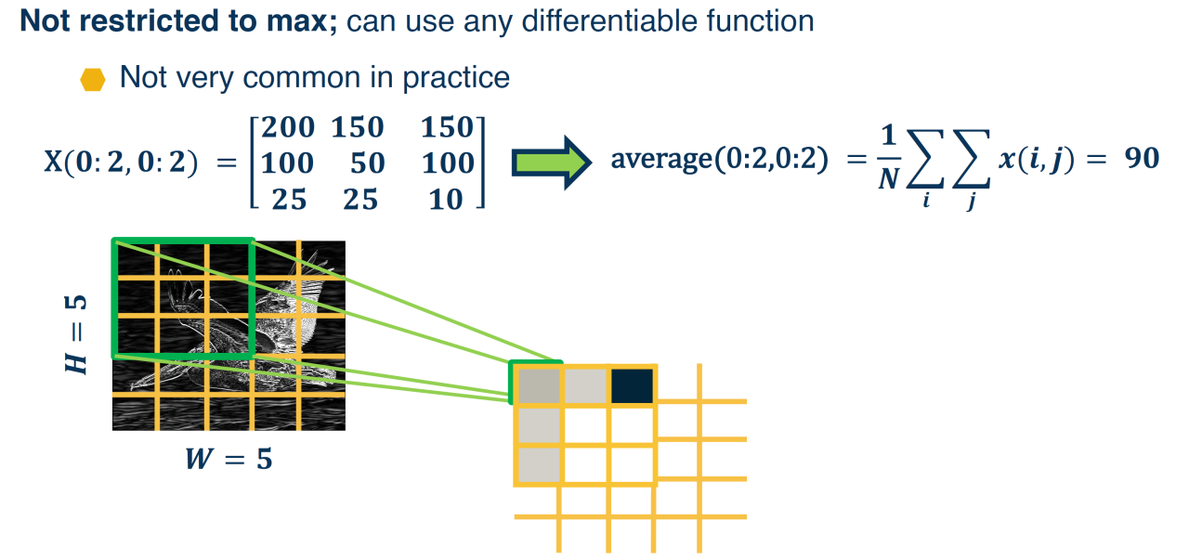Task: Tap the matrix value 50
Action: [x=367, y=163]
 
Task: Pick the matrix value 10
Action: [x=446, y=199]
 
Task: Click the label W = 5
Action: [x=228, y=457]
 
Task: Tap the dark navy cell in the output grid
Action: [x=633, y=384]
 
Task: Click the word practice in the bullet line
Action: [x=456, y=77]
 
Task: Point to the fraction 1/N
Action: [x=888, y=158]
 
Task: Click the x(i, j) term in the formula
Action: [x=1037, y=159]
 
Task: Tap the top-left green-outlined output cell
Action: [x=538, y=384]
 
